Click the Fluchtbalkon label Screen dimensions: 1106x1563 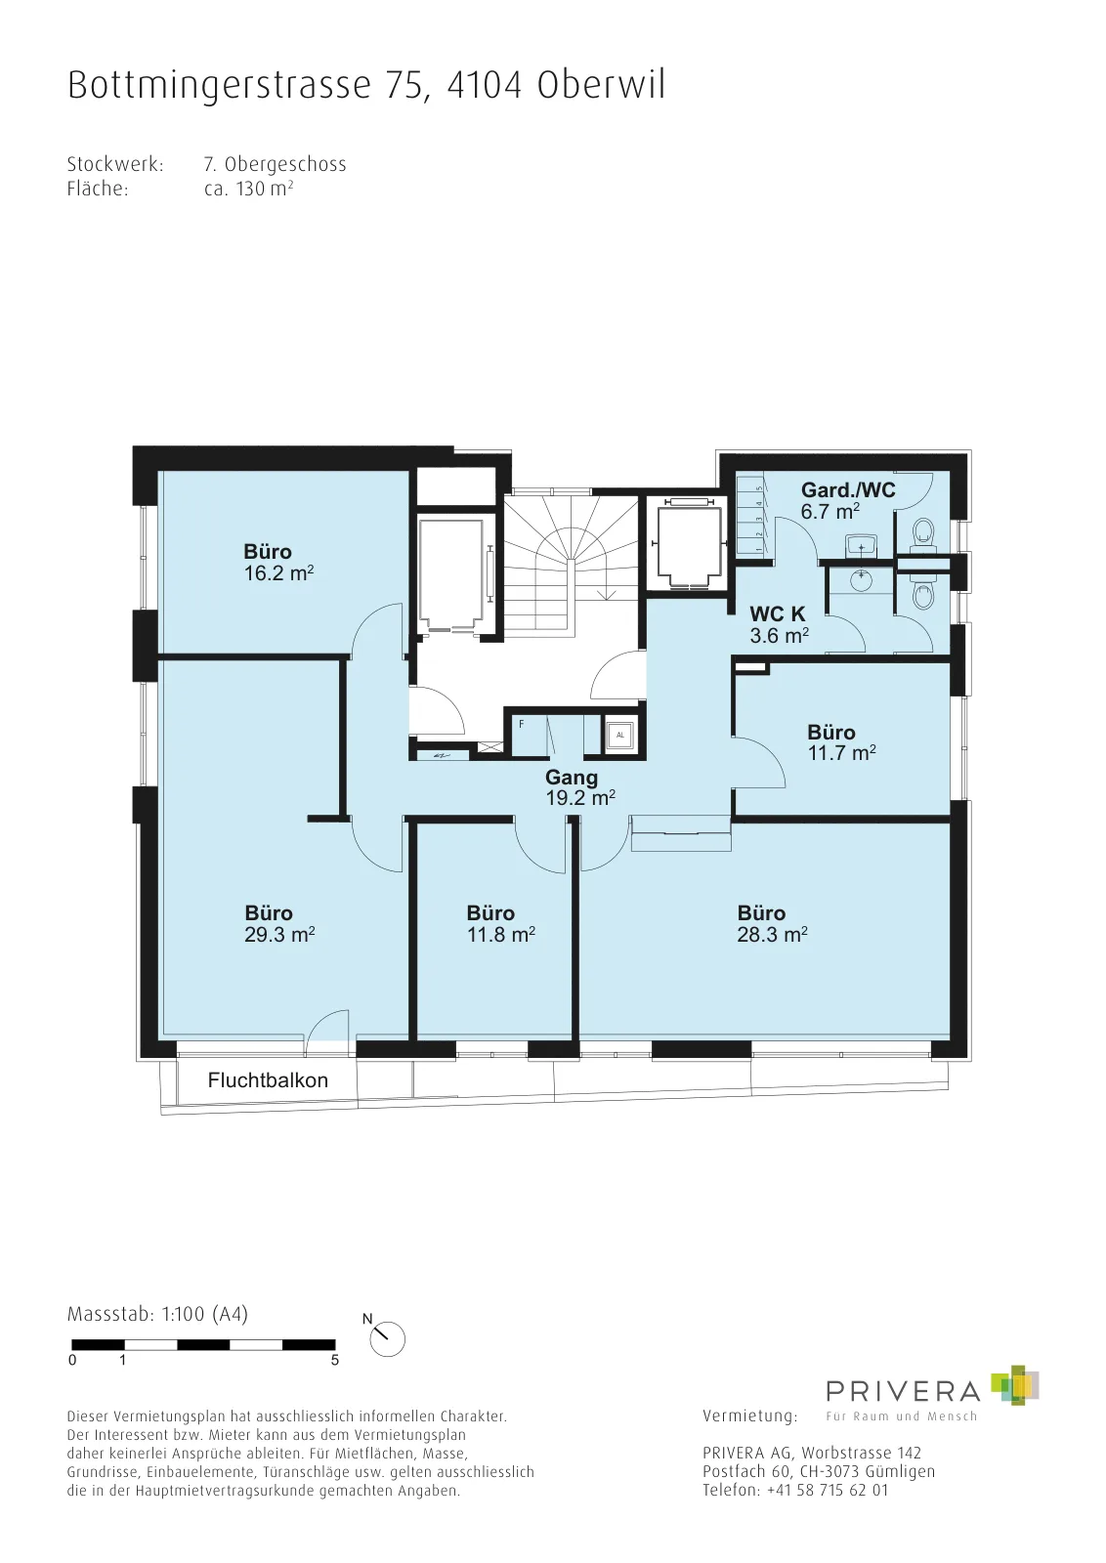tap(268, 1080)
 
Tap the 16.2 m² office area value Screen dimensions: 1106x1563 tap(278, 573)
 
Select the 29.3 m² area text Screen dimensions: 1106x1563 tap(279, 935)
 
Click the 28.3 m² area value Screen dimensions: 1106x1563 tap(773, 935)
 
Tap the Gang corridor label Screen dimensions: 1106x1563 tap(572, 778)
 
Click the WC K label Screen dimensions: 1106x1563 tap(778, 614)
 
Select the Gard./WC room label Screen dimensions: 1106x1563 tap(848, 489)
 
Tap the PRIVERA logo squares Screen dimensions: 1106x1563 tap(1015, 1385)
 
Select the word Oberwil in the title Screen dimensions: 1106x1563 tap(602, 85)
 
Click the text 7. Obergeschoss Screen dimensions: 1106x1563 tap(275, 165)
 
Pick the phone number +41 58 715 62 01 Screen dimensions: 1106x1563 tap(828, 1491)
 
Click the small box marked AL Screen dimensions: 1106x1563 tap(620, 735)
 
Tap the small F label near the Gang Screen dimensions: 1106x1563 tap(522, 724)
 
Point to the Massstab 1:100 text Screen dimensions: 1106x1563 tap(157, 1315)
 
